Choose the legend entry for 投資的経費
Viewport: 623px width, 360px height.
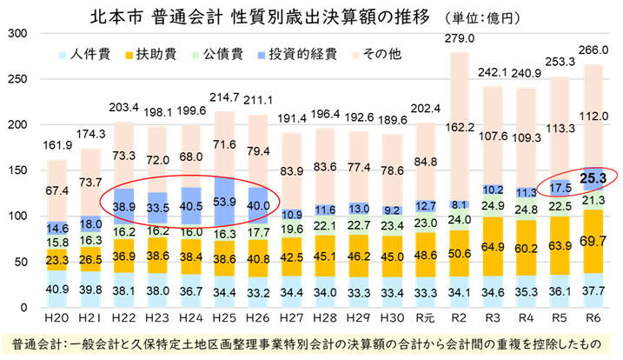(x=301, y=53)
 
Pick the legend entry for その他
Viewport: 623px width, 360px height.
(x=375, y=53)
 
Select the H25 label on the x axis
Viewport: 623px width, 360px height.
(x=224, y=322)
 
